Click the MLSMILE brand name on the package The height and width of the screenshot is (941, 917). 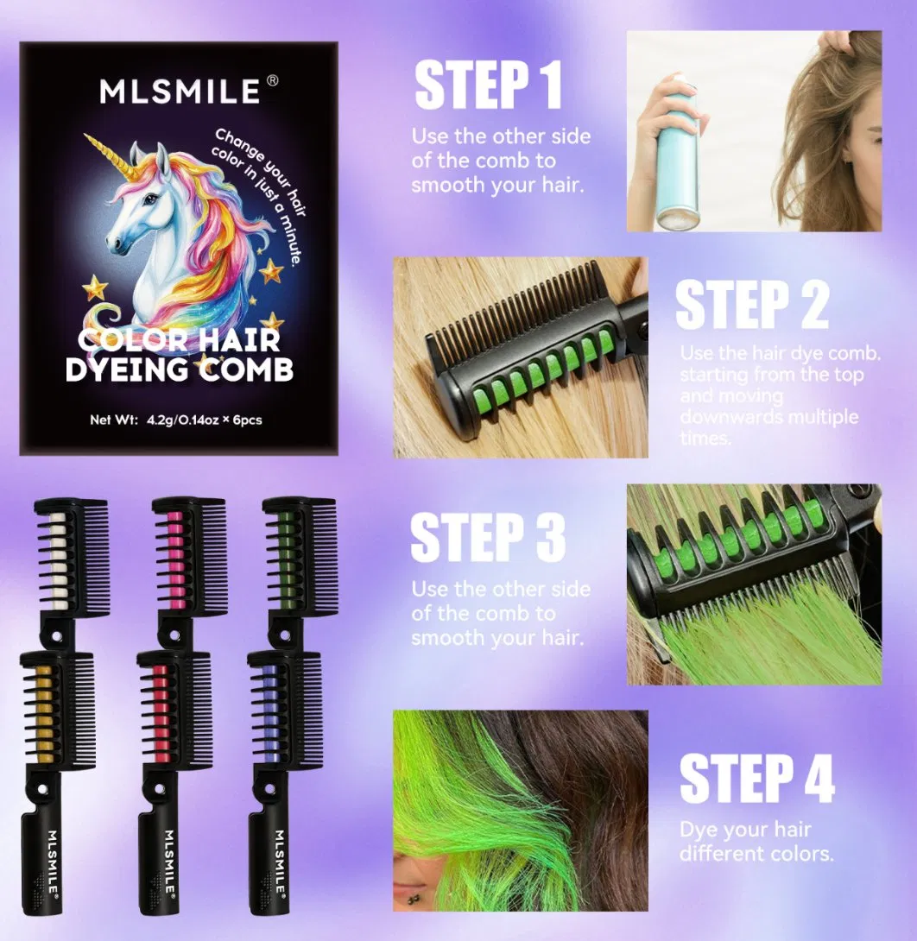180,92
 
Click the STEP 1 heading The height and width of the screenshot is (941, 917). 488,85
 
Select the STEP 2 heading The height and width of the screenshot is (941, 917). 752,305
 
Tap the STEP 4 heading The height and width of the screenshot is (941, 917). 756,779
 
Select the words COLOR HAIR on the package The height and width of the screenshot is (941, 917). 180,340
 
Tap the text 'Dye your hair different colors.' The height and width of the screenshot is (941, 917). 756,842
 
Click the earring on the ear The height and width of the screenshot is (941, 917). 412,900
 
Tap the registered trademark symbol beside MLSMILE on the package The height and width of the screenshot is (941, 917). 272,79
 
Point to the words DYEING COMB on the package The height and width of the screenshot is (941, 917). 180,369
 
